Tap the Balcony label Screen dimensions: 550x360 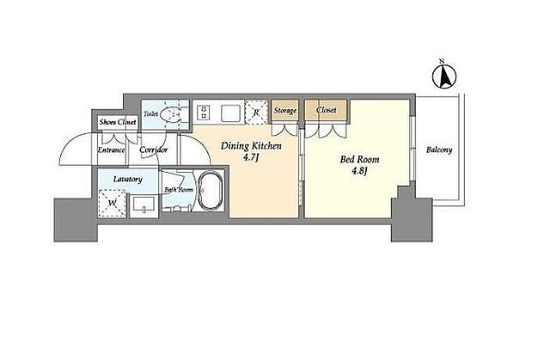(439, 150)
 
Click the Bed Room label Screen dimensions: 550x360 (359, 160)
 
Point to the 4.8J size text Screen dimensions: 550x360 (359, 172)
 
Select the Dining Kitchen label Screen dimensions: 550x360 (251, 146)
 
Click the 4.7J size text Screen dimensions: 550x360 (251, 158)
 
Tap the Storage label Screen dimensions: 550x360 (285, 111)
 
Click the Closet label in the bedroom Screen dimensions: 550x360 (327, 110)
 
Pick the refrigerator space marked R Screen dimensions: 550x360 (256, 113)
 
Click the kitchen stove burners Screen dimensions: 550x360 (203, 112)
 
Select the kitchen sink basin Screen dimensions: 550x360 (230, 113)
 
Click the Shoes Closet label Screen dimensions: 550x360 (118, 122)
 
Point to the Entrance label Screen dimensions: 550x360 (111, 150)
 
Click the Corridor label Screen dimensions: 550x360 (153, 150)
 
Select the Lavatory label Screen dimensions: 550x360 (128, 179)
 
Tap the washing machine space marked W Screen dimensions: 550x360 (112, 203)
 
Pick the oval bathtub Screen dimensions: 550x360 (211, 192)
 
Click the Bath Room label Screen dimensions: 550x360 (179, 190)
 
